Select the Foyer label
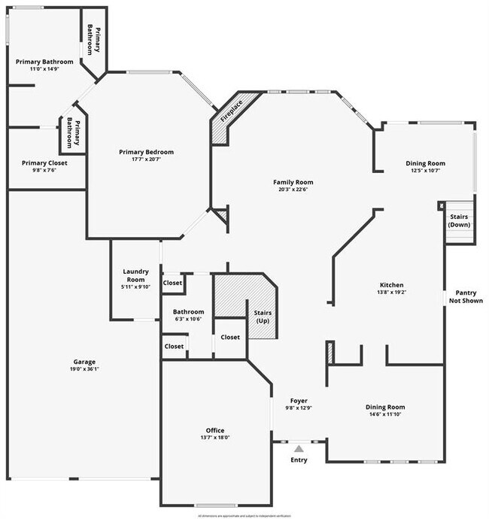coord(299,401)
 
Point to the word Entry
coord(299,460)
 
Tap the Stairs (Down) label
coord(459,220)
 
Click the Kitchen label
coord(391,285)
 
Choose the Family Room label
coord(293,182)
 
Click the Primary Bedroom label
coord(146,152)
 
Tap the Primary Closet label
coord(44,162)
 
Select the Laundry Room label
coord(136,275)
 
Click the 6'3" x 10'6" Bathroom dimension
coord(188,319)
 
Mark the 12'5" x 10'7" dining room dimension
coord(426,170)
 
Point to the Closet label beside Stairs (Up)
coord(230,337)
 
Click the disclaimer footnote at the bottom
coord(244,516)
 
